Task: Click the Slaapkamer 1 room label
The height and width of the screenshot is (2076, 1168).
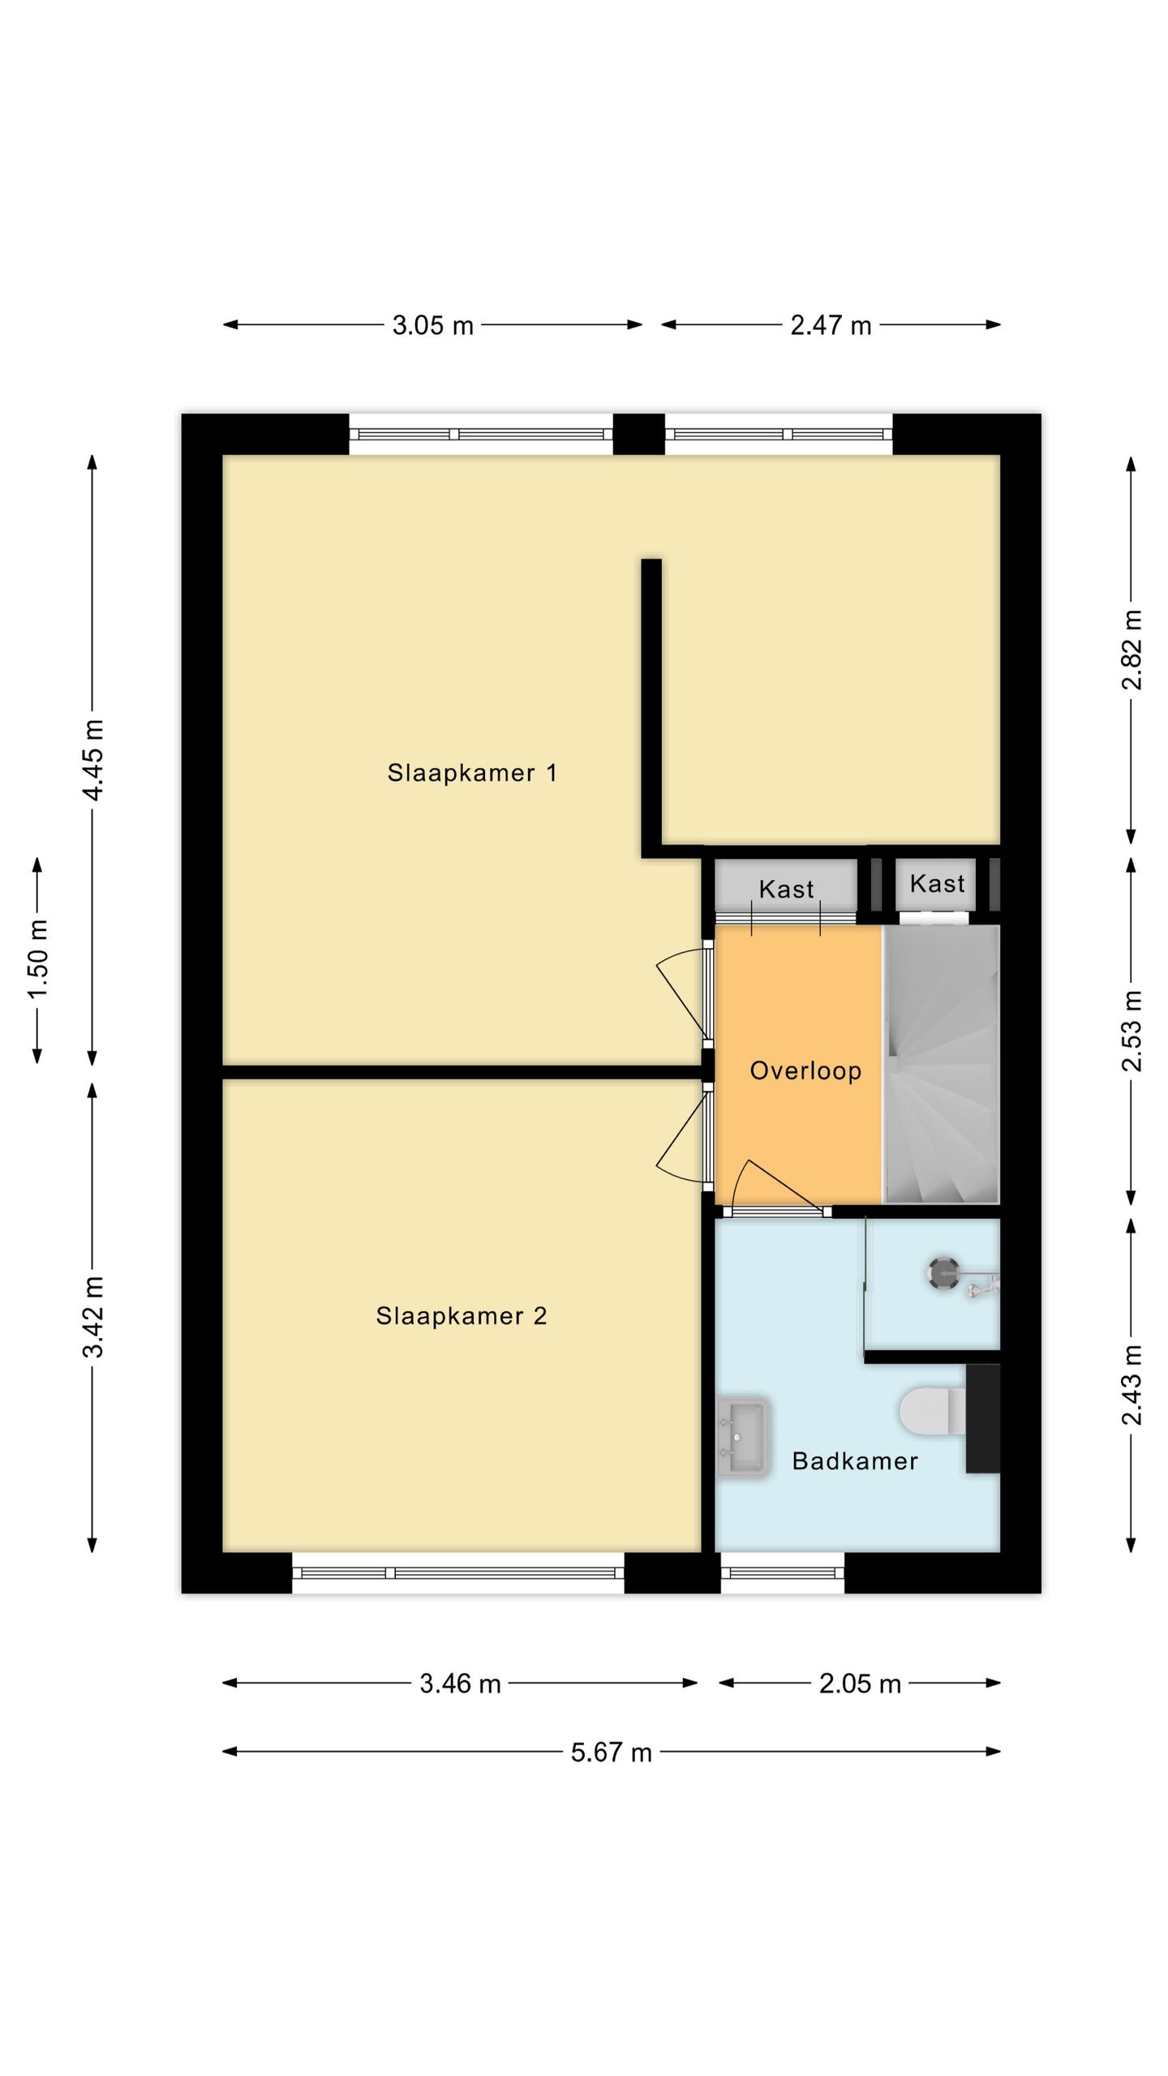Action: [x=472, y=773]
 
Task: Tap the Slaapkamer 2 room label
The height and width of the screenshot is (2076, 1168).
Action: [x=461, y=1315]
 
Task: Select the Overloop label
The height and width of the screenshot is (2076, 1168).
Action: [x=805, y=1070]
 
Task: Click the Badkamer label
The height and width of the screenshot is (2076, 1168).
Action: [x=855, y=1460]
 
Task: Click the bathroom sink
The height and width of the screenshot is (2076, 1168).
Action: [x=742, y=1436]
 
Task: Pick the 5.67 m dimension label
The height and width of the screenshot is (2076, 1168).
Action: [x=611, y=1752]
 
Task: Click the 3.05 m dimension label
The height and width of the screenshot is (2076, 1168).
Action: [x=432, y=325]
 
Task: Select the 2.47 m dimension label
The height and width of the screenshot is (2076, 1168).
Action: [x=831, y=325]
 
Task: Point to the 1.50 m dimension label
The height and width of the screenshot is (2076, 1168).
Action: [x=37, y=959]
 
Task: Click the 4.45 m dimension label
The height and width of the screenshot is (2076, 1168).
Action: [x=92, y=759]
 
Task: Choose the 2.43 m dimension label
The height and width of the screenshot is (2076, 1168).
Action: [x=1131, y=1384]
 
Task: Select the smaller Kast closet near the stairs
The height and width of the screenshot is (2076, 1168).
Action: [x=936, y=884]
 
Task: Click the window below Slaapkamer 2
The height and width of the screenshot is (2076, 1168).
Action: [x=458, y=1573]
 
